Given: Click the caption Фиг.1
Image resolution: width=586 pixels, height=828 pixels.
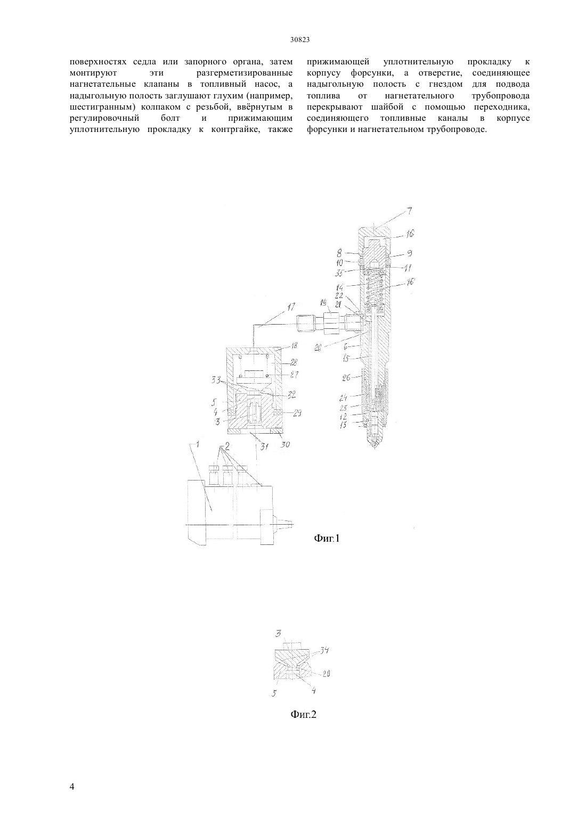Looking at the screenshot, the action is (x=327, y=539).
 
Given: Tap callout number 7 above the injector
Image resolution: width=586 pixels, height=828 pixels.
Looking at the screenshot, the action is (x=410, y=211).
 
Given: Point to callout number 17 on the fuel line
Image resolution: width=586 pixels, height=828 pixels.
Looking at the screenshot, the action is (x=291, y=307).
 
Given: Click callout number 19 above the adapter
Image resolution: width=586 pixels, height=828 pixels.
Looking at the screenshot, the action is (x=324, y=302).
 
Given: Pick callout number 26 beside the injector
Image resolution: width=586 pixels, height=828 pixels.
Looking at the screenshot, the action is (x=346, y=378).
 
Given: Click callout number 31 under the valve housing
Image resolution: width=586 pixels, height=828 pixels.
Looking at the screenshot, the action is (x=264, y=446).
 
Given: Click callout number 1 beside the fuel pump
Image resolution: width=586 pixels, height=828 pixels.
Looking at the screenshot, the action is (x=197, y=445).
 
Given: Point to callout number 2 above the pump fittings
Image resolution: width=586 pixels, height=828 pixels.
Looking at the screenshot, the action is (x=227, y=446).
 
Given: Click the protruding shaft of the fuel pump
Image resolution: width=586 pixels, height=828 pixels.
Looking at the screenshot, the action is (x=283, y=523).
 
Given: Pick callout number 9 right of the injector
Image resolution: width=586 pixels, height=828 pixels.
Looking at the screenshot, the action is (x=410, y=254).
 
